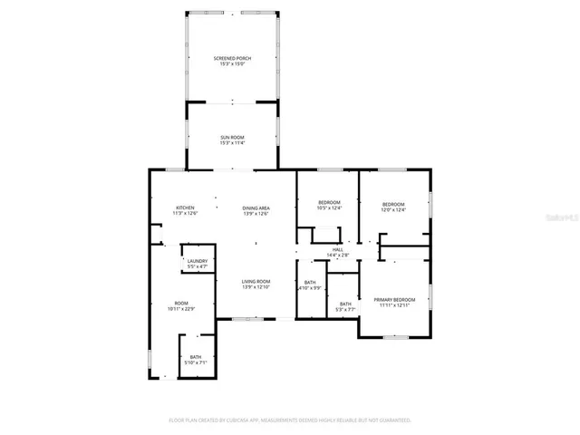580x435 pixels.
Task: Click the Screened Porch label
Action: pos(232,58)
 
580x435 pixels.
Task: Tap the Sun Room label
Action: pos(232,137)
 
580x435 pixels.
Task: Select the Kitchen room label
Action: pos(185,208)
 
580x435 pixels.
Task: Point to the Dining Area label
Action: pos(256,208)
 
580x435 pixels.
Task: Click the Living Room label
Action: pos(256,282)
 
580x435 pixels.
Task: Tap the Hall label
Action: pos(337,249)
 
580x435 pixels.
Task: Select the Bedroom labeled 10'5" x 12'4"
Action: pos(329,202)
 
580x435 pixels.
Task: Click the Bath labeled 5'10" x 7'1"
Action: pos(196,357)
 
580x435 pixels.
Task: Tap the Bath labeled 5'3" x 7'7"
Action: pos(345,304)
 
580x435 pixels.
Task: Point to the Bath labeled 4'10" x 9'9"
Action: pos(310,282)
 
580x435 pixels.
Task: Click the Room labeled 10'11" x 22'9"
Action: pos(181,304)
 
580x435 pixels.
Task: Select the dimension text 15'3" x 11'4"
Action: pos(232,143)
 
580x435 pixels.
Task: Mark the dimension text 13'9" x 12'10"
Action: pos(256,287)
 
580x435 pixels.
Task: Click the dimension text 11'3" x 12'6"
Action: pos(185,214)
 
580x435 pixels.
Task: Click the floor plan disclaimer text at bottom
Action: pos(290,420)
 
